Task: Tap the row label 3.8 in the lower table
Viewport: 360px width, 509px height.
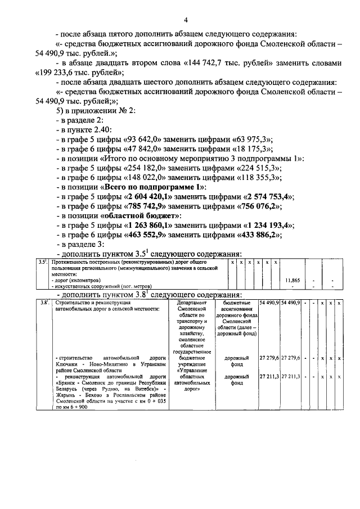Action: point(43,303)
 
